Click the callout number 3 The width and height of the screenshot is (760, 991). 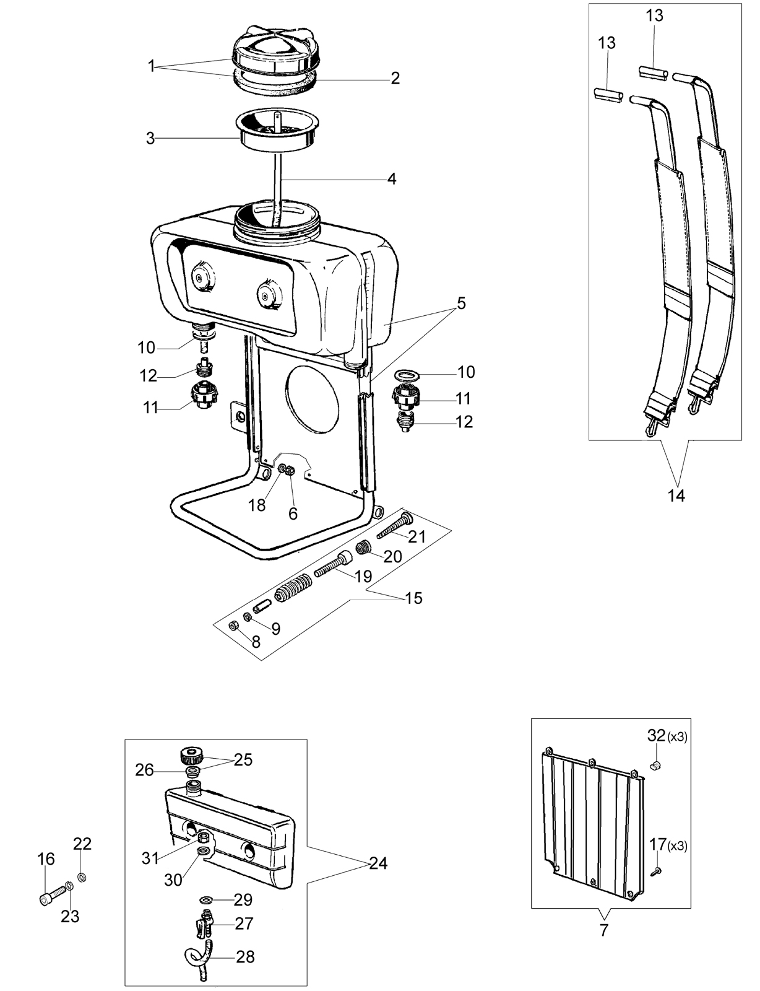(151, 138)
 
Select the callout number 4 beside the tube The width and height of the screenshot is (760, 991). (392, 179)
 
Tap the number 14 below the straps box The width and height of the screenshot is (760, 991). (676, 495)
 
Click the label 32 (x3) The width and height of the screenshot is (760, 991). (667, 736)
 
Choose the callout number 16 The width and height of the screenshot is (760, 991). (46, 859)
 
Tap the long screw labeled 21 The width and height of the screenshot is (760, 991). (395, 526)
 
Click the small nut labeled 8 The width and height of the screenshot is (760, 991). (232, 626)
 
